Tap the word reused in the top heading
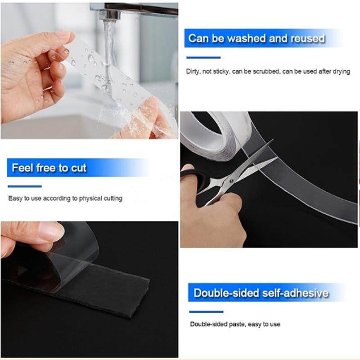coord(308,38)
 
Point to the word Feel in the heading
coord(22,167)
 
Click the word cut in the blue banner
coord(79,168)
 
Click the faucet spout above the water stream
coord(110,14)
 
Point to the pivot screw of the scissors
coord(231,181)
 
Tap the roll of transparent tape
coord(216,135)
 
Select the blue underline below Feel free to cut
coord(25,186)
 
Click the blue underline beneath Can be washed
coord(203,58)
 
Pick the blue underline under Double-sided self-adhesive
coord(206,312)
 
